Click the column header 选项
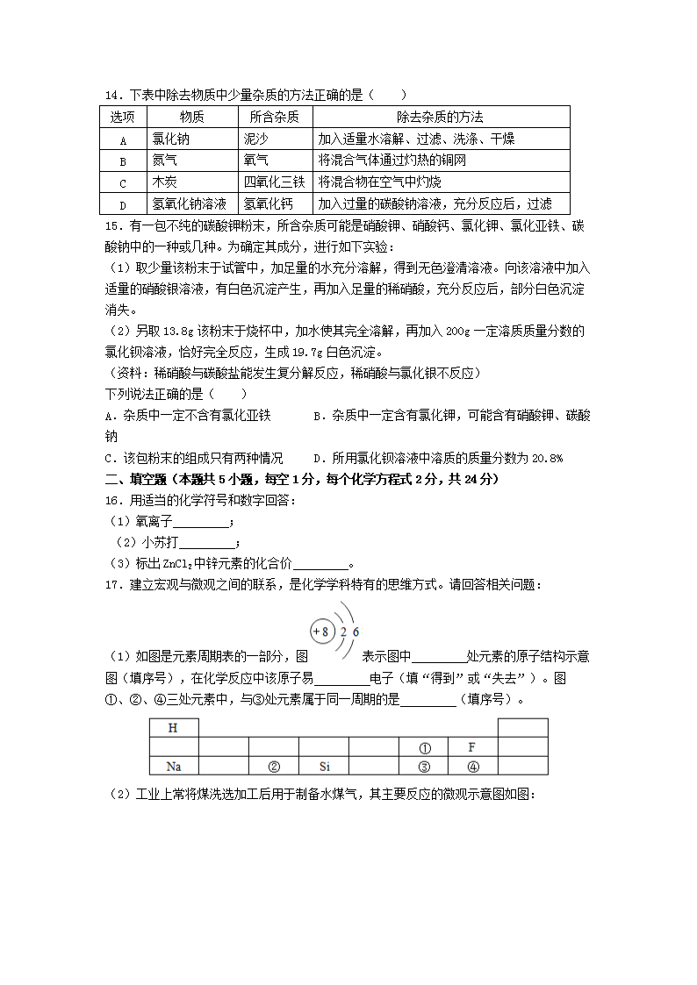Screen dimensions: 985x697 tap(123, 117)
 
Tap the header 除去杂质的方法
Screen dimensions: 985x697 tap(440, 117)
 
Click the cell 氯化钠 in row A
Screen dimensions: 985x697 tap(170, 139)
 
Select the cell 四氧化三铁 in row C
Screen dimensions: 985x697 tap(274, 182)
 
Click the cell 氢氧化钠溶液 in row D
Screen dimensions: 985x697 tap(190, 203)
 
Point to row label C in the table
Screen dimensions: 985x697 tap(123, 182)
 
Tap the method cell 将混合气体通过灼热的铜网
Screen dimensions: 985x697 tap(392, 161)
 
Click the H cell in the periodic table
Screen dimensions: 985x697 tap(173, 728)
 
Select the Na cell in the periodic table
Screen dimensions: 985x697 tap(173, 767)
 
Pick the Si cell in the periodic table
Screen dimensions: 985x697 tap(324, 767)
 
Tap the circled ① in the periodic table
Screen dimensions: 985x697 tap(424, 748)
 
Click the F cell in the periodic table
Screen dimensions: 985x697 tap(472, 747)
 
